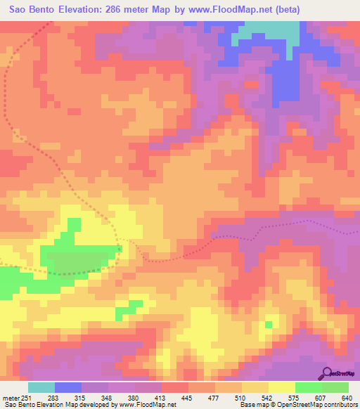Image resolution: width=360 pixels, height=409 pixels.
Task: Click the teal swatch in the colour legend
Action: pyautogui.click(x=41, y=387)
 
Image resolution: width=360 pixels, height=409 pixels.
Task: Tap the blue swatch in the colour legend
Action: pyautogui.click(x=67, y=387)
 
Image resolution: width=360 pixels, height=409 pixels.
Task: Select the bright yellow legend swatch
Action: pyautogui.click(x=281, y=387)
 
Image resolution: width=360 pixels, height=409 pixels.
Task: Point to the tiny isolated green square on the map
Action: pyautogui.click(x=269, y=324)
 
